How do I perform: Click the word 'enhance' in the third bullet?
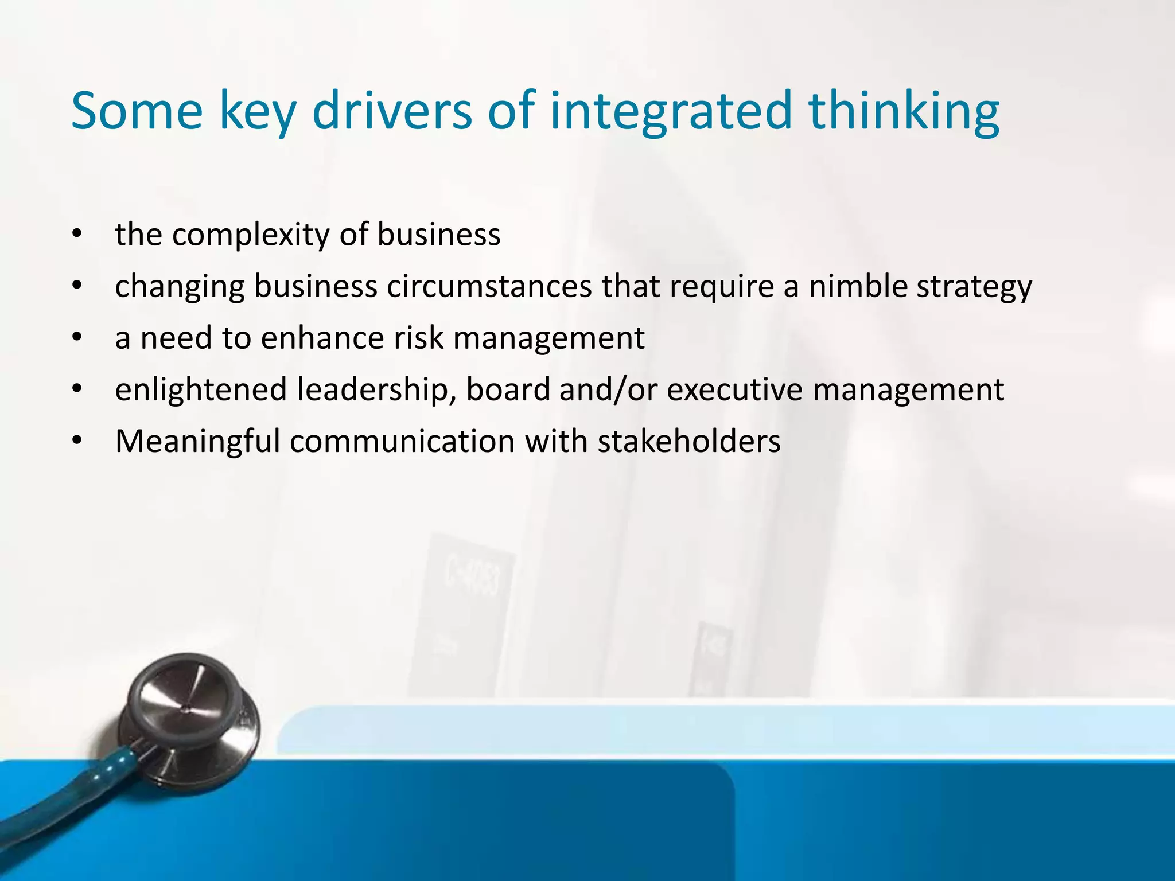(321, 338)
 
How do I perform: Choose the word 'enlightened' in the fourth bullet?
(201, 390)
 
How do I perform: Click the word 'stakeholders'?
(688, 442)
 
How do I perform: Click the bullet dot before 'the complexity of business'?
(77, 234)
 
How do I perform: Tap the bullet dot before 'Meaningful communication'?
(77, 441)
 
